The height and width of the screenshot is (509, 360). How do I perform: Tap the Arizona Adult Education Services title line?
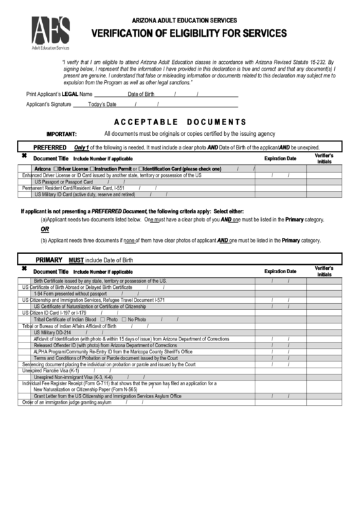(180, 21)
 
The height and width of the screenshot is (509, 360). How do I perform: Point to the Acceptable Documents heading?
(179, 122)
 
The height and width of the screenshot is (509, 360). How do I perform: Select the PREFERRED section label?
(50, 147)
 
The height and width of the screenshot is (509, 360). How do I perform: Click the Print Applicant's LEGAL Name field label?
(59, 94)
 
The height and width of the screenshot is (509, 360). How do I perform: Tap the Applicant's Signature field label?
(48, 105)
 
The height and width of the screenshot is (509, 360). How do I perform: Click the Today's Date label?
(103, 105)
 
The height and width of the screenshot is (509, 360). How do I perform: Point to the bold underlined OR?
(45, 230)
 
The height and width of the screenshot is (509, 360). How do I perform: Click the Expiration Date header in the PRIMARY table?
(280, 271)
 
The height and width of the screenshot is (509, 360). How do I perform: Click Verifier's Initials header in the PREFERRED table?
(324, 158)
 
